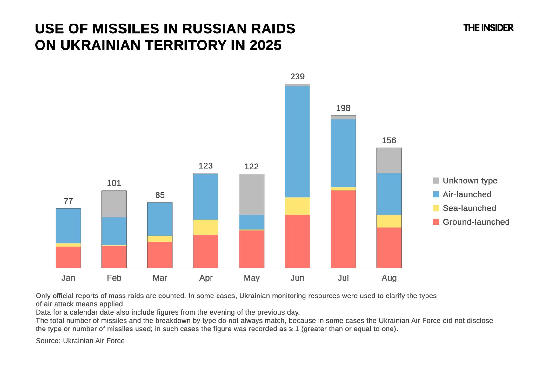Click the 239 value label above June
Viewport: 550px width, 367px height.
[297, 77]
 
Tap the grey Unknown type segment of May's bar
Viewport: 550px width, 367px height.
[252, 194]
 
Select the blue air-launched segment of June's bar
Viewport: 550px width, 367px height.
[297, 142]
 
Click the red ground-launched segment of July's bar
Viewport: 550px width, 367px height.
[343, 229]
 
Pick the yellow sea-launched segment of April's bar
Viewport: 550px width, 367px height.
[206, 227]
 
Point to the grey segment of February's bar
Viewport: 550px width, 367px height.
[114, 204]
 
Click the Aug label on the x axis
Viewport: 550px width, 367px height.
[389, 278]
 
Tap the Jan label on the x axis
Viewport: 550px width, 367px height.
[68, 278]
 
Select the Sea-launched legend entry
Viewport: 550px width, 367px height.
[469, 208]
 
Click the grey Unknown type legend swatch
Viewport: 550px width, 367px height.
[436, 180]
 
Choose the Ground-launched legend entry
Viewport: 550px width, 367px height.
[476, 222]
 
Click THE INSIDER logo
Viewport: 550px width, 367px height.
[488, 28]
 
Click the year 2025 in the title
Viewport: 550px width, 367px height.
[265, 45]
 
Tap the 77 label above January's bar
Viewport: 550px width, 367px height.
[68, 201]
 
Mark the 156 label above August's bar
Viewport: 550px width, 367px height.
[389, 140]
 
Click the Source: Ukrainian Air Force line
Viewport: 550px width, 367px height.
[80, 341]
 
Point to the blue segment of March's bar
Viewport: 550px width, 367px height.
[160, 219]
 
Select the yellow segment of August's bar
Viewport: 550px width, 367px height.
[389, 221]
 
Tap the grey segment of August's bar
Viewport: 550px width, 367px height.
[389, 160]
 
